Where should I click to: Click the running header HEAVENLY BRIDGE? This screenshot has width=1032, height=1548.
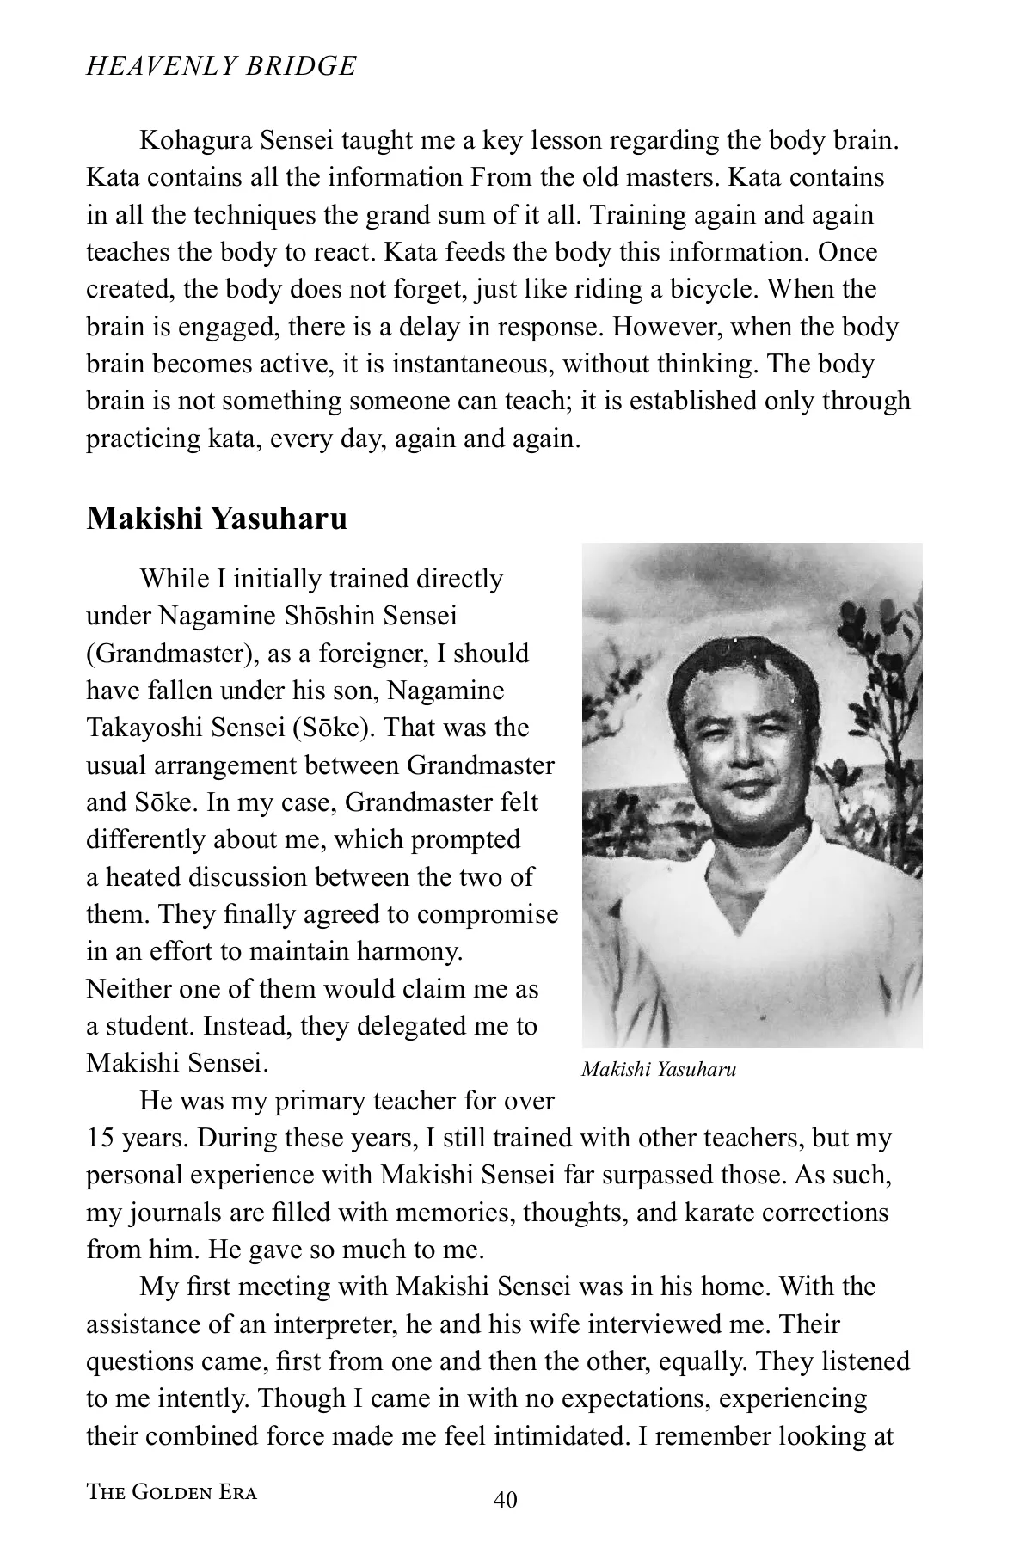(221, 66)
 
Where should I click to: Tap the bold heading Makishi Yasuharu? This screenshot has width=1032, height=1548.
(217, 519)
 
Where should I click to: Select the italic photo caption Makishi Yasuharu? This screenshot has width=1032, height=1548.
(659, 1070)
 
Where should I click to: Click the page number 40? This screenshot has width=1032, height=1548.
(506, 1501)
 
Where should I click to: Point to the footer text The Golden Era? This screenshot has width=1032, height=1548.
(172, 1492)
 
